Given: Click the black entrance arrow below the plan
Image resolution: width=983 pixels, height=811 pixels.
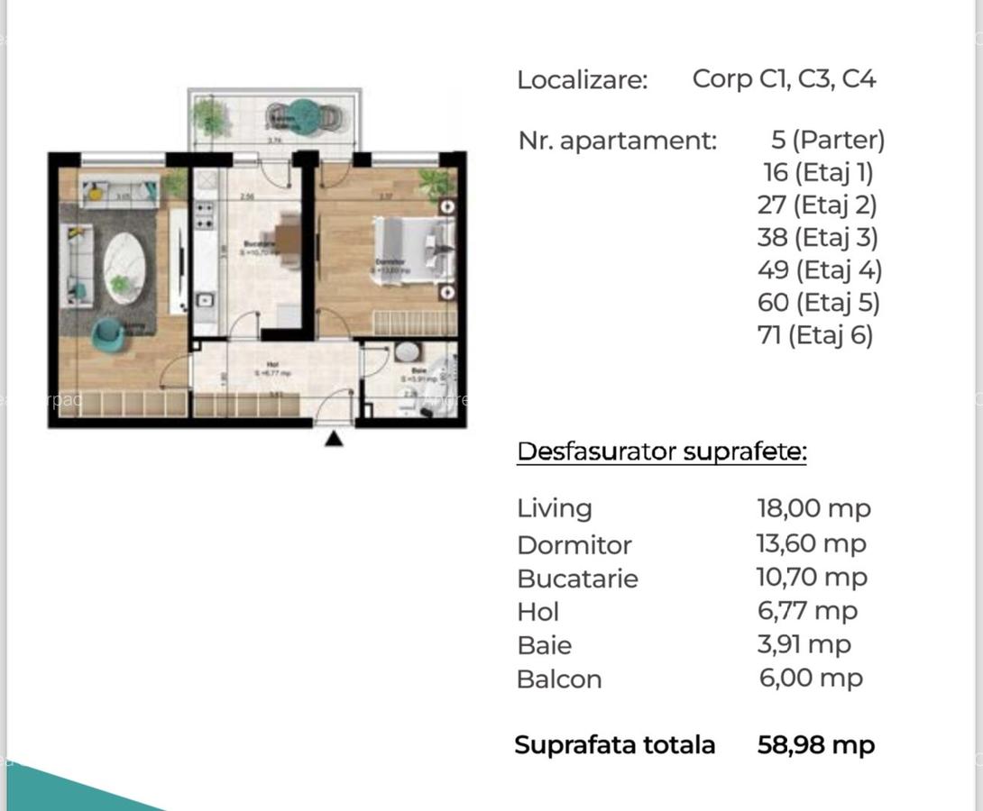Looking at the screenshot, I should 334,439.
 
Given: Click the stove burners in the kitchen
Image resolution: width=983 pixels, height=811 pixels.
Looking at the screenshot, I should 205,216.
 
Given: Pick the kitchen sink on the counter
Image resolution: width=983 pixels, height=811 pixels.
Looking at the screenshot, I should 206,301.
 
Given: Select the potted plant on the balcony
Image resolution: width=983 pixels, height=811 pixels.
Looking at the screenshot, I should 210,114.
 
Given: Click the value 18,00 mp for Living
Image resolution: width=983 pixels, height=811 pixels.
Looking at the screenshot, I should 813,508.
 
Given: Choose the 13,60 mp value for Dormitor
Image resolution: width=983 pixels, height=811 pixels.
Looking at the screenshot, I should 811,543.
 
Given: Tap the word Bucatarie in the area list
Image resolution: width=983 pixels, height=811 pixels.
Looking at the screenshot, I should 577,579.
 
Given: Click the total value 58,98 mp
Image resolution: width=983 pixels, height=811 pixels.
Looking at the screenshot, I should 816,745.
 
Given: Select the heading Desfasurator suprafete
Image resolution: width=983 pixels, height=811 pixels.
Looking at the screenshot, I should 661,451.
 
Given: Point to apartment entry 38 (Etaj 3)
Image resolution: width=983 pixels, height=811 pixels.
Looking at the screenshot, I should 817,237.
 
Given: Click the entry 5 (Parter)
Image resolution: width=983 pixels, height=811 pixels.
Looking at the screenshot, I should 828,140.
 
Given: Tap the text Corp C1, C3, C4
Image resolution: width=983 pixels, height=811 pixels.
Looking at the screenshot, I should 784,79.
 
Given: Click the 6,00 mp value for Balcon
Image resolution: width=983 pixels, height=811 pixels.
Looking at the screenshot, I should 811,678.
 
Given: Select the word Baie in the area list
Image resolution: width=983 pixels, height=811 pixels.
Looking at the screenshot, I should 544,645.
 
